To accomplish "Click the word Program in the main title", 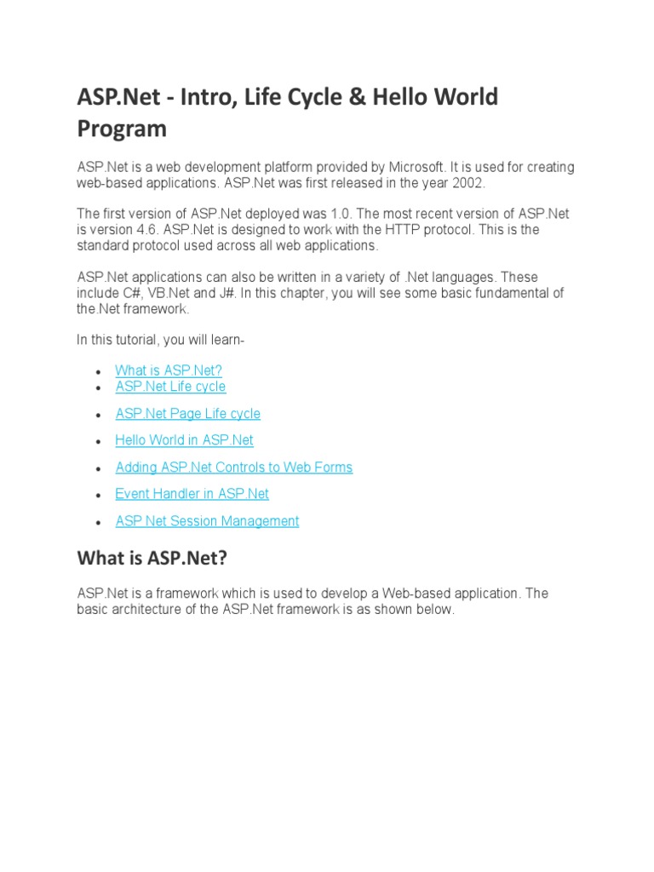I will coord(122,129).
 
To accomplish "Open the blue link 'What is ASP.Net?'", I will coord(168,370).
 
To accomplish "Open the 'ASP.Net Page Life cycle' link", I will coord(187,414).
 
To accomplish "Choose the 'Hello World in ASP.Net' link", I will coord(184,440).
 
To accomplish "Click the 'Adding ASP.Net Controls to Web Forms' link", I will coord(233,468).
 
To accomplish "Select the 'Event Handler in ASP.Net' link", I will coord(192,494).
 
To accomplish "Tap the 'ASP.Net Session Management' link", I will coord(207,521).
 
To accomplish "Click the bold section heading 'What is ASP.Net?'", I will coord(152,559).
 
